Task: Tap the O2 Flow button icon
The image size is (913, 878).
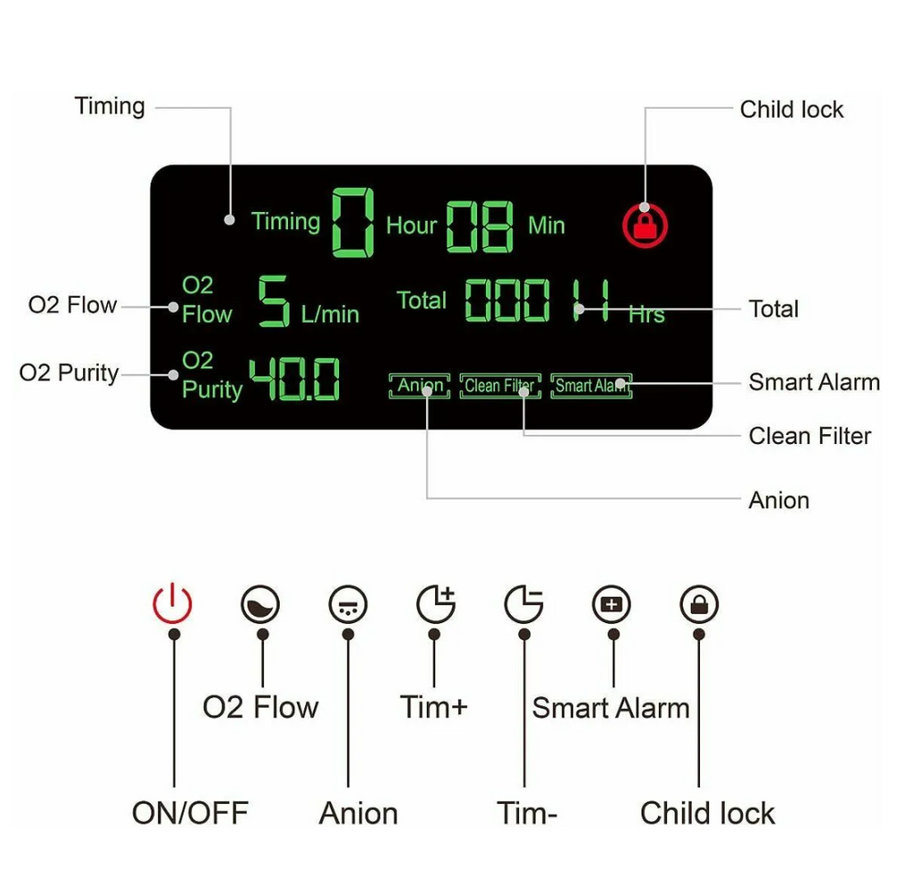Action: tap(260, 604)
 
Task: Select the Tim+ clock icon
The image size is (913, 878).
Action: tap(436, 603)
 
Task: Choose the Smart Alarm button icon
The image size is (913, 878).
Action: tap(612, 604)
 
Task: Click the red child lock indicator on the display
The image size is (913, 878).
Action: tap(646, 226)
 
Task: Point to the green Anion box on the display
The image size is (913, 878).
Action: tap(419, 386)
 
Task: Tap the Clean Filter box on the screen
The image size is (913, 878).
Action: tap(500, 386)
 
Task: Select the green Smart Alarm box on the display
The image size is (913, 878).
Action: tap(591, 386)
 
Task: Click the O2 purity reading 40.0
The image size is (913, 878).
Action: tap(294, 379)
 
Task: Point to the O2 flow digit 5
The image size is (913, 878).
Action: tap(274, 301)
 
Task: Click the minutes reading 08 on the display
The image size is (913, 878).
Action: tap(480, 226)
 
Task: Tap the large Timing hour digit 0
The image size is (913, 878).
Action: tap(353, 223)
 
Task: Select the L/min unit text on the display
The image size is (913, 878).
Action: tap(330, 315)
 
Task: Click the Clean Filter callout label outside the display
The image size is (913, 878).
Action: tap(810, 436)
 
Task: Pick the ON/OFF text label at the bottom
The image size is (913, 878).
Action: tap(191, 813)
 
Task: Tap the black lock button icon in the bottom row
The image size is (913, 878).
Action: tap(699, 604)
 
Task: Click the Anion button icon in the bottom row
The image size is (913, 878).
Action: tap(349, 604)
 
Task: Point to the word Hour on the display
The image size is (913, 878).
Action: tap(411, 226)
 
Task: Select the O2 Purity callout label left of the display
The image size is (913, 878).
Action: tap(69, 373)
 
